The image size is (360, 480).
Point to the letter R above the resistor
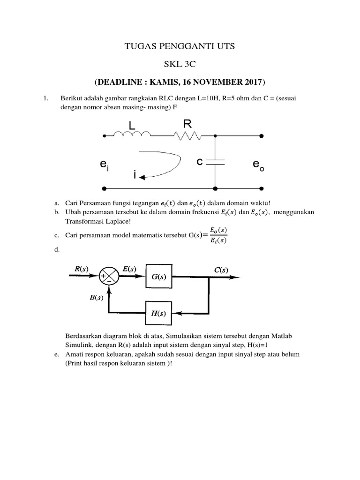point(187,123)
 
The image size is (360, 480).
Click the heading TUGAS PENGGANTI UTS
point(180,46)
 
